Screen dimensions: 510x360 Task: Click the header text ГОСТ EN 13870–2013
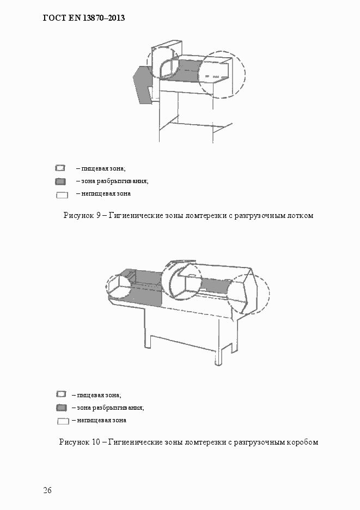tap(84, 18)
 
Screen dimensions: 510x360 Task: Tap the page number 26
tap(47, 490)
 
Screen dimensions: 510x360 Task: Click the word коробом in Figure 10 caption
tap(302, 442)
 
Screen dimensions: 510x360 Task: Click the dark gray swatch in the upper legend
tap(60, 181)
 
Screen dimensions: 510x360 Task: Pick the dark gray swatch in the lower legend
tap(62, 408)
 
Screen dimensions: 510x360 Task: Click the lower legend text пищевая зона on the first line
tap(99, 395)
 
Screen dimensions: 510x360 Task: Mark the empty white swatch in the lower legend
tap(63, 421)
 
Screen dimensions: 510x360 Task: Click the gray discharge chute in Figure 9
tap(142, 84)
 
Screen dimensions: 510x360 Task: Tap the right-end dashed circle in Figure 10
tap(248, 295)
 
